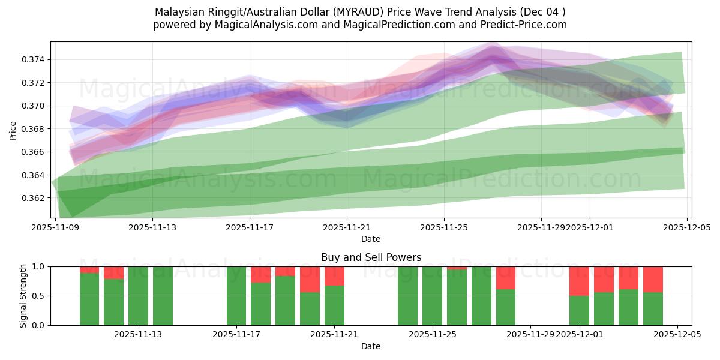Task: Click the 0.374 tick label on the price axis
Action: pyautogui.click(x=34, y=59)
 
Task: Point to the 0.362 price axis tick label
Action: pyautogui.click(x=34, y=198)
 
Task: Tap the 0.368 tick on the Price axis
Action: pyautogui.click(x=34, y=129)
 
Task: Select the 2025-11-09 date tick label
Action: pyautogui.click(x=55, y=227)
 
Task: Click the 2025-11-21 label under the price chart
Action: pyautogui.click(x=347, y=227)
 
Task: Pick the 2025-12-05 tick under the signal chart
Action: pyautogui.click(x=677, y=335)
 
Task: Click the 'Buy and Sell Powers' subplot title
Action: pyautogui.click(x=371, y=257)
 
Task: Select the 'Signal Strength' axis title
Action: pyautogui.click(x=24, y=296)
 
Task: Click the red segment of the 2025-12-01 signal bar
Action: pyautogui.click(x=579, y=281)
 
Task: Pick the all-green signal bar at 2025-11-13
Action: pyautogui.click(x=163, y=296)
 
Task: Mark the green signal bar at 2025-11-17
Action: pyautogui.click(x=236, y=296)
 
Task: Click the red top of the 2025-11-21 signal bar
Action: pyautogui.click(x=334, y=275)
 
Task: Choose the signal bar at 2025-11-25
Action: pyautogui.click(x=432, y=296)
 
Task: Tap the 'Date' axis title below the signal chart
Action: pyautogui.click(x=371, y=346)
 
